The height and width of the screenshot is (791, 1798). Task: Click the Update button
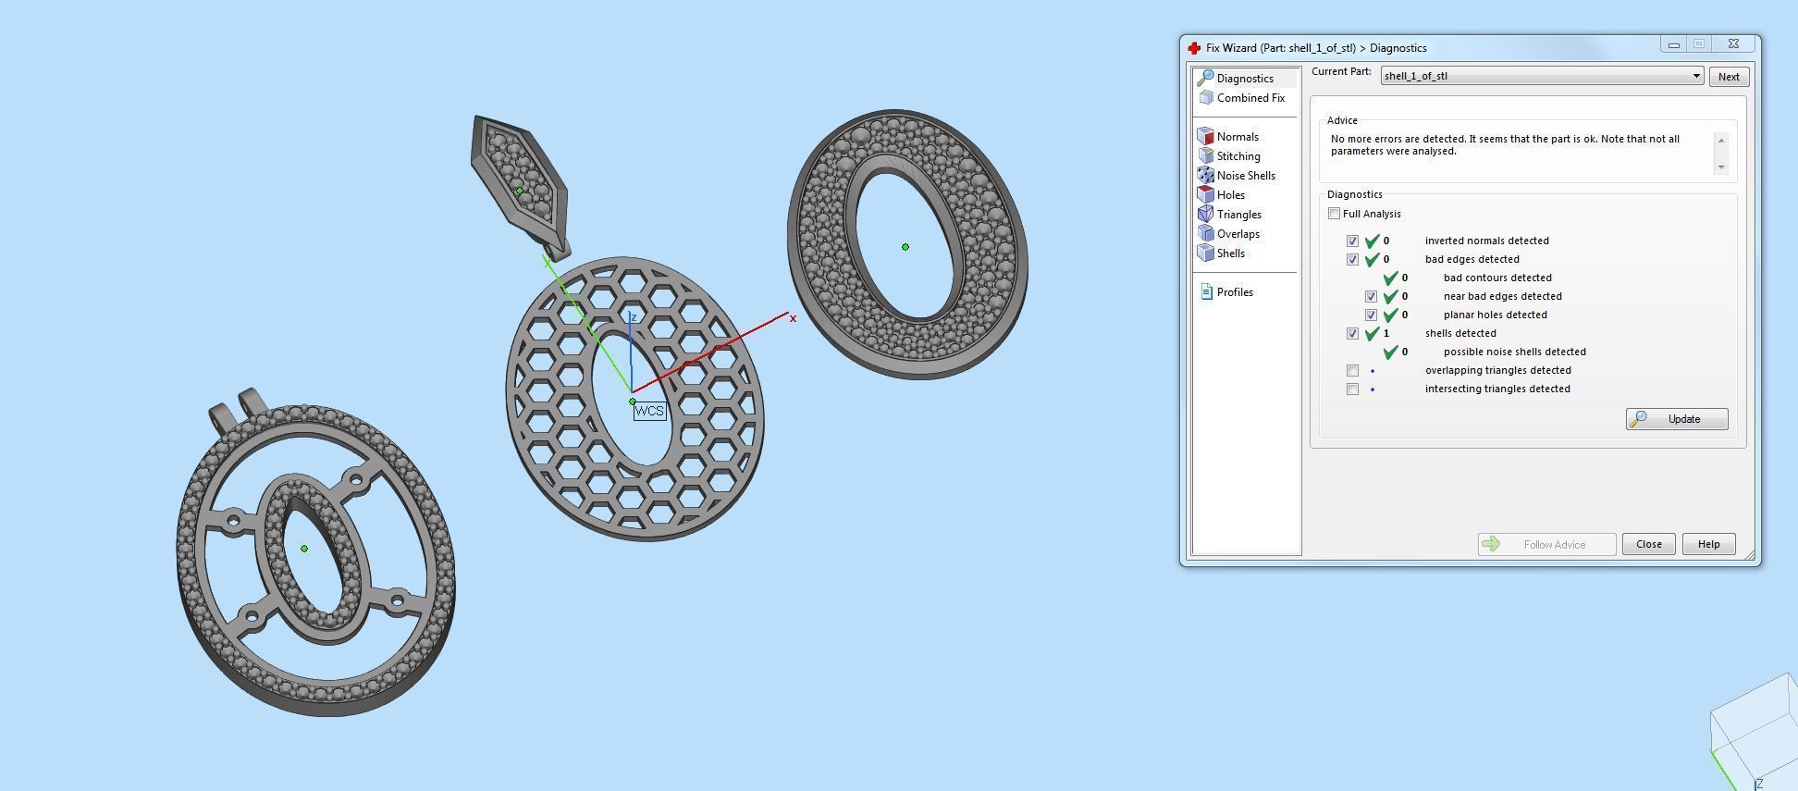pyautogui.click(x=1676, y=419)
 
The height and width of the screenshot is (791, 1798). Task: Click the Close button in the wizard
pyautogui.click(x=1648, y=544)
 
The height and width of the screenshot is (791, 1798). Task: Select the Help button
pyautogui.click(x=1707, y=544)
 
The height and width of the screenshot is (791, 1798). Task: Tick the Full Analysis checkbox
pyautogui.click(x=1334, y=214)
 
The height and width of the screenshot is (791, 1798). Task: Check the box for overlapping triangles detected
pyautogui.click(x=1352, y=370)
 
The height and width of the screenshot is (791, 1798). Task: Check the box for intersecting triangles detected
pyautogui.click(x=1352, y=389)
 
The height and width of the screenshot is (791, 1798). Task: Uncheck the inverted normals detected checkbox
pyautogui.click(x=1352, y=241)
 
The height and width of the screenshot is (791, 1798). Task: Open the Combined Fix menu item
pyautogui.click(x=1250, y=98)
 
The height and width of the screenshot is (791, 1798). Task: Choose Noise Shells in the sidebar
pyautogui.click(x=1245, y=176)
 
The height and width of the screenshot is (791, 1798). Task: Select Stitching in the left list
pyautogui.click(x=1238, y=156)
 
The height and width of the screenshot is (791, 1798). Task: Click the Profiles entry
pyautogui.click(x=1234, y=292)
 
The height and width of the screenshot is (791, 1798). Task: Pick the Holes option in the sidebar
pyautogui.click(x=1230, y=195)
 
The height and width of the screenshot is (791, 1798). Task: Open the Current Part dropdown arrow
pyautogui.click(x=1696, y=76)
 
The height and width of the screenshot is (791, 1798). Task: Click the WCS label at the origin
pyautogui.click(x=649, y=411)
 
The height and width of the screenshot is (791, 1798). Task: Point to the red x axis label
pyautogui.click(x=793, y=318)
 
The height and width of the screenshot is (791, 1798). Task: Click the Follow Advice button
pyautogui.click(x=1546, y=544)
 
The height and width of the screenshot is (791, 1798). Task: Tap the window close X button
pyautogui.click(x=1733, y=43)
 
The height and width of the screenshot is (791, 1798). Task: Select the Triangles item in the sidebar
pyautogui.click(x=1238, y=215)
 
